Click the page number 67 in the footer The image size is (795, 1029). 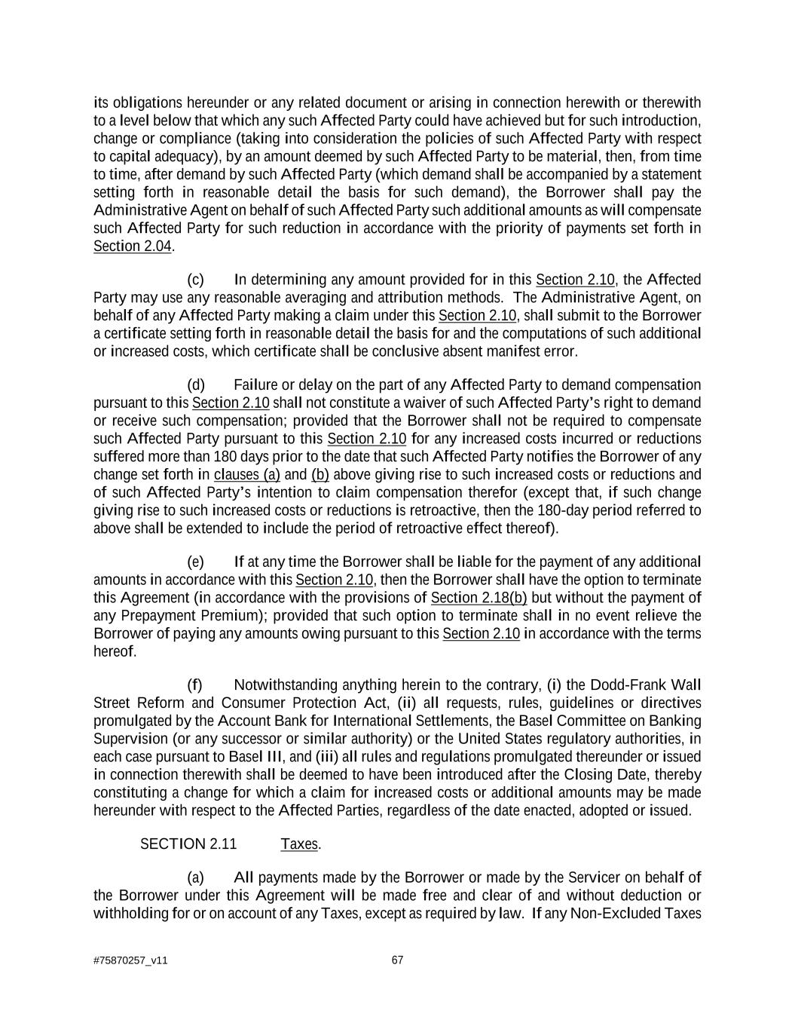tap(397, 960)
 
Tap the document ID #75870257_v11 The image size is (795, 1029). tap(130, 960)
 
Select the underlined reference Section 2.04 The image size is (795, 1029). tap(133, 247)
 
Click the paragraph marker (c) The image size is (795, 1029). tap(195, 280)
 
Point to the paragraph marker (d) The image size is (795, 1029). tap(195, 385)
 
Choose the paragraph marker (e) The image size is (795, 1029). tap(195, 562)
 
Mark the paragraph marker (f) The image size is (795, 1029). tap(194, 685)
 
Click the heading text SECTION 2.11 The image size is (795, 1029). tap(188, 844)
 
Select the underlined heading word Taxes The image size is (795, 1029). tap(299, 844)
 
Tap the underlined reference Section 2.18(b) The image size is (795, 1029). tap(479, 598)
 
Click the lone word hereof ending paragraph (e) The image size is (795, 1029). tap(114, 651)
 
